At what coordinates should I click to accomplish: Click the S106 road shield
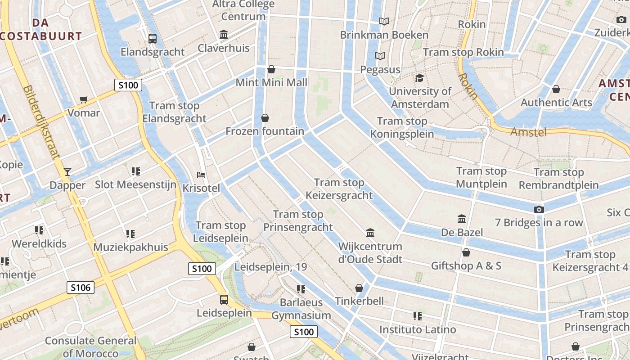point(81,288)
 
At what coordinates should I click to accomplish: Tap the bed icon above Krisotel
point(201,175)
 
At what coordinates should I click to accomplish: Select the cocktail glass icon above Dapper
point(67,171)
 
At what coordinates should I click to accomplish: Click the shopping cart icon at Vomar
point(83,99)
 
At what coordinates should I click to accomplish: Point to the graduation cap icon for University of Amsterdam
point(419,78)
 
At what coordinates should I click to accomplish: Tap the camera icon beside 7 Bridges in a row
point(539,209)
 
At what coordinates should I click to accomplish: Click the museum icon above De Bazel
point(462,219)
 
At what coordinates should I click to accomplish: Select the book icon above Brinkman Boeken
point(384,21)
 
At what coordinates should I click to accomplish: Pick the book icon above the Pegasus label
point(380,56)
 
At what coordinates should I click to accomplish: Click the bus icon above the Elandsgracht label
point(153,39)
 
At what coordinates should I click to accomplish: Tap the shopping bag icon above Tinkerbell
point(359,288)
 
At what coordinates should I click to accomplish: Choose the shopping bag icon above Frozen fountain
point(265,118)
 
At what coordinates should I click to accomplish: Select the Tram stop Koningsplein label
point(402,127)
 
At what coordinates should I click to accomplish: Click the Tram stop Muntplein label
point(481,177)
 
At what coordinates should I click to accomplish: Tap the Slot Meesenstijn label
point(135,184)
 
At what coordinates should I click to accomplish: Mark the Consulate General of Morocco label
point(90,347)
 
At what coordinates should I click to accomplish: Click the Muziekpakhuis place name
point(130,247)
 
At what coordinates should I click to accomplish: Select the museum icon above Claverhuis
point(224,35)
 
